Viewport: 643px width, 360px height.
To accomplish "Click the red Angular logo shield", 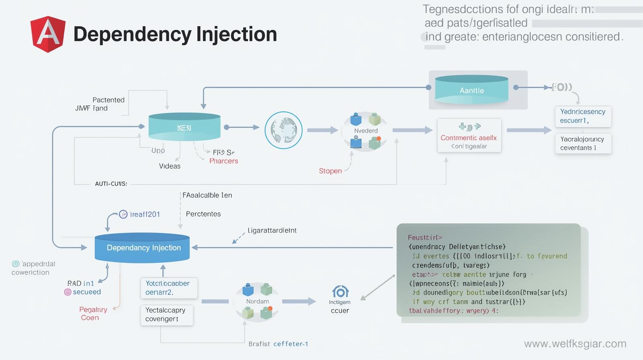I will (x=48, y=34).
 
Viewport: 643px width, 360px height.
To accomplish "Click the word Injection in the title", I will (x=237, y=34).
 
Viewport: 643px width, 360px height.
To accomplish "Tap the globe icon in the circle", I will (x=283, y=130).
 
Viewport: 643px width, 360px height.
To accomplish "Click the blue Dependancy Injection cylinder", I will (x=142, y=248).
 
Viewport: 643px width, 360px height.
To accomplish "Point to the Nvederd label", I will (x=366, y=131).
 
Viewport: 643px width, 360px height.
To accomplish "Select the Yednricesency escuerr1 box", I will (x=583, y=116).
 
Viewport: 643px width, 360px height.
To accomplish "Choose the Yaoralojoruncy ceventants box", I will (x=583, y=143).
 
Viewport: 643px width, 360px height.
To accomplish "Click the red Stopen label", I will (x=330, y=171).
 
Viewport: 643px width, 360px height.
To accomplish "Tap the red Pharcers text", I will (x=223, y=161).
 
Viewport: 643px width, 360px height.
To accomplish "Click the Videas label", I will (x=170, y=166).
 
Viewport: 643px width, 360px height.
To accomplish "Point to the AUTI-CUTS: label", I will (x=111, y=184).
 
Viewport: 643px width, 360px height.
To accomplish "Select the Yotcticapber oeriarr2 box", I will (x=168, y=288).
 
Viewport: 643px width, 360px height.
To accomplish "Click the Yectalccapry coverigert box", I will (x=166, y=315).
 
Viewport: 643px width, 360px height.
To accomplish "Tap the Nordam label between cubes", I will (x=258, y=301).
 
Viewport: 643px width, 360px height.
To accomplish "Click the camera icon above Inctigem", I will (x=340, y=291).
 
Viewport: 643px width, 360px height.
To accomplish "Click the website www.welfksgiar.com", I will (x=575, y=344).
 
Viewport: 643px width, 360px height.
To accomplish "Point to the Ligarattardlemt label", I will (x=272, y=230).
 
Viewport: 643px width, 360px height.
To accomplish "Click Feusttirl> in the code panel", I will (x=425, y=237).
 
